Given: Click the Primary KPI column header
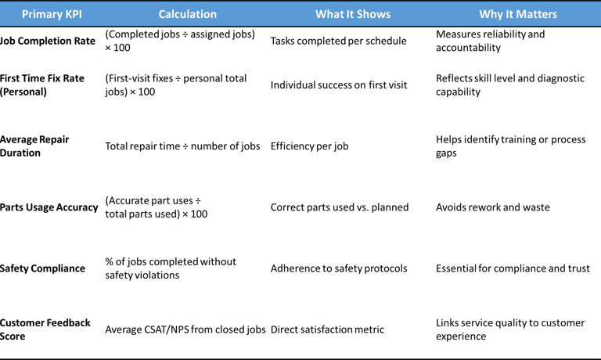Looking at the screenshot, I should coord(52,14).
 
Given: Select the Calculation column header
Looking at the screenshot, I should coord(187,14).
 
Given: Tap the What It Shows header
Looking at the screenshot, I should coord(352,14).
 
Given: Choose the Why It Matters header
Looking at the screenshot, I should coord(518,14).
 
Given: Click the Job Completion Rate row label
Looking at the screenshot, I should coord(49,41).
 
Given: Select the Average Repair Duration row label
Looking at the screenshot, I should coord(34,146).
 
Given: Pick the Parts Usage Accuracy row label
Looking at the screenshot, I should coord(49,207).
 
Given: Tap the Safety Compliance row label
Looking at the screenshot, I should coord(42,268).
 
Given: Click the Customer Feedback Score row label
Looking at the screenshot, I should coord(45,329).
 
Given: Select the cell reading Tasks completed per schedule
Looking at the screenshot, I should coord(338,41).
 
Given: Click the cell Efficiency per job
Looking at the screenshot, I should coord(309,146).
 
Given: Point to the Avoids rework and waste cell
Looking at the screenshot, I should coord(492,207).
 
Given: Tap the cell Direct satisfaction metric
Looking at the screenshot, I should coord(327,329).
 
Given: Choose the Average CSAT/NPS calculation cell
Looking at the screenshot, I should coord(185,329).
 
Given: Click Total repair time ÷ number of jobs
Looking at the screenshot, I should coord(182,146).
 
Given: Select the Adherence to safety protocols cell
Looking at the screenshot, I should coord(339,268).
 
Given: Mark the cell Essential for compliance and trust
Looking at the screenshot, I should coord(513,268).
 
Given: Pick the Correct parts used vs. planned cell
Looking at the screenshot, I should coord(340,207).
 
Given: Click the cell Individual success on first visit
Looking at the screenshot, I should coord(339,85).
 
